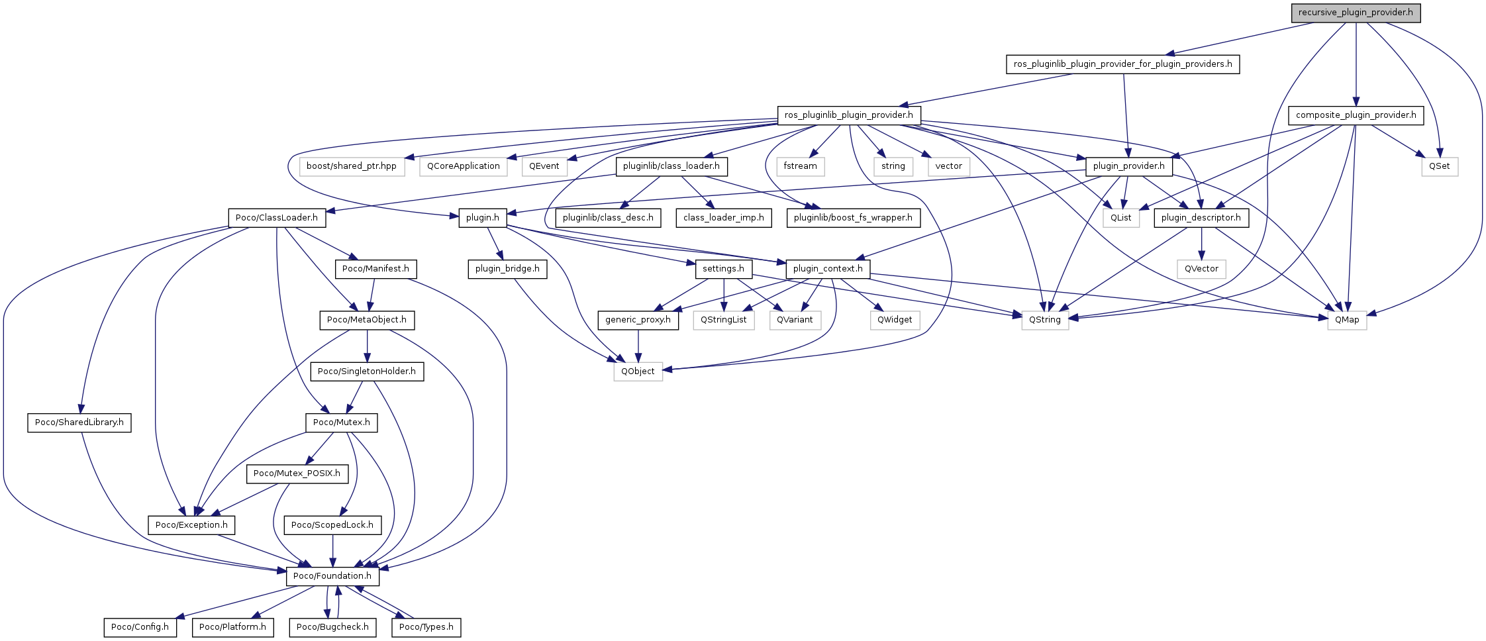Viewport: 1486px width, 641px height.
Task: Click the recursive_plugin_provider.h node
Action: (x=1356, y=13)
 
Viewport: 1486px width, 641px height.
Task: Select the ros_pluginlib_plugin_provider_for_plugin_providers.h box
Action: (x=1122, y=64)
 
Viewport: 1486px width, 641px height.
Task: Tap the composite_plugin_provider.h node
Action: (x=1356, y=115)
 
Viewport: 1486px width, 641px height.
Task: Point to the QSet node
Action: (x=1439, y=166)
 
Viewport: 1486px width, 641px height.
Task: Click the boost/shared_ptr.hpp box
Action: (x=351, y=166)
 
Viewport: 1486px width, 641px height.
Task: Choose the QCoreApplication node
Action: (x=463, y=166)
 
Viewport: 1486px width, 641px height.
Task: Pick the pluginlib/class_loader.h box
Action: (x=671, y=166)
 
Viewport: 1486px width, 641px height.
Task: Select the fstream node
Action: (x=800, y=166)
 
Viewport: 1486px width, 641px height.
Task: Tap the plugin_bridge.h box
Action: (x=507, y=269)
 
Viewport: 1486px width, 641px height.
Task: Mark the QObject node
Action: (x=638, y=371)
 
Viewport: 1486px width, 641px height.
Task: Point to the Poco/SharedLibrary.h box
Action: (x=79, y=422)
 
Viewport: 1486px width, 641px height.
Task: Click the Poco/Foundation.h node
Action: (x=332, y=576)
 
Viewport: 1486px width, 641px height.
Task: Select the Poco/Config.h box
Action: (x=140, y=627)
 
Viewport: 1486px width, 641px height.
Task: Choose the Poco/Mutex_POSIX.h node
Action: (x=297, y=473)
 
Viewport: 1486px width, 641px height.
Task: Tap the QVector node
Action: (x=1201, y=269)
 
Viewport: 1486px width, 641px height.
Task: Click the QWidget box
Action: (x=895, y=320)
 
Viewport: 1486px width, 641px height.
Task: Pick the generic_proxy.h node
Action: (x=638, y=320)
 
